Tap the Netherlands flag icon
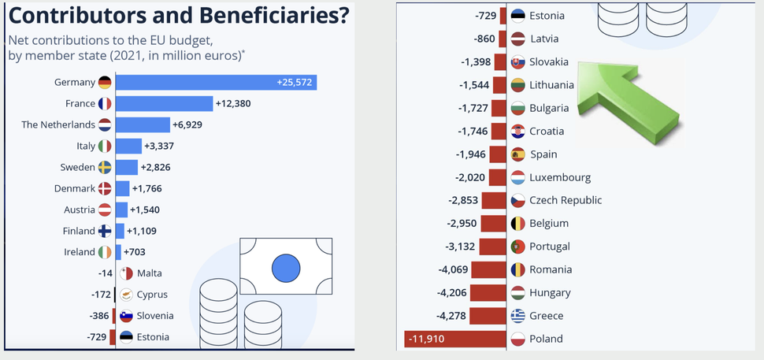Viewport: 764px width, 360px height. pyautogui.click(x=106, y=124)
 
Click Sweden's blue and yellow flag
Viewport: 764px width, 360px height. pyautogui.click(x=106, y=167)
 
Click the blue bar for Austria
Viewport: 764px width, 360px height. pyautogui.click(x=121, y=210)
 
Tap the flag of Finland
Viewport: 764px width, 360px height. pyautogui.click(x=106, y=231)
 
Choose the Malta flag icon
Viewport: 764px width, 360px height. pyautogui.click(x=126, y=273)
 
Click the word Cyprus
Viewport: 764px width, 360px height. pyautogui.click(x=153, y=295)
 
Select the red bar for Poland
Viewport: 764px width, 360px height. pyautogui.click(x=454, y=339)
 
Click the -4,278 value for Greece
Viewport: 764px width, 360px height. pyautogui.click(x=458, y=316)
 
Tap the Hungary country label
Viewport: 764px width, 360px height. pyautogui.click(x=550, y=293)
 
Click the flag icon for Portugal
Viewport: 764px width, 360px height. pyautogui.click(x=517, y=247)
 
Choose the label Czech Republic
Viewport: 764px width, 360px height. pyautogui.click(x=565, y=200)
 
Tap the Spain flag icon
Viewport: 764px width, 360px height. pyautogui.click(x=517, y=154)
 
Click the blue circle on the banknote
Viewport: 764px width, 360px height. pyautogui.click(x=287, y=269)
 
